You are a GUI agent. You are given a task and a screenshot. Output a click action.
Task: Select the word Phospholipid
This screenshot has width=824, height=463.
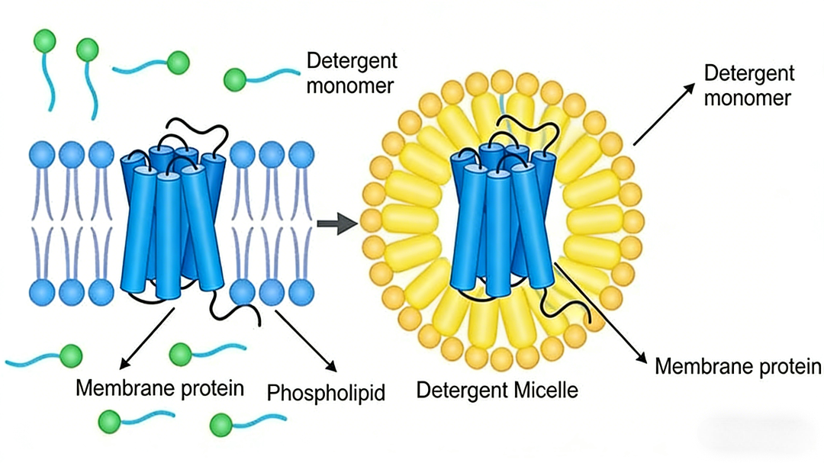[x=326, y=393]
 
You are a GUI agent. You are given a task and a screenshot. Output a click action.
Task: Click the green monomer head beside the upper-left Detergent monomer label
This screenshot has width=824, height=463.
[x=234, y=79]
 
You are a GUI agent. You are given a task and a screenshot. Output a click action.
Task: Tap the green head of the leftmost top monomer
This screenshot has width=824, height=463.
[x=43, y=40]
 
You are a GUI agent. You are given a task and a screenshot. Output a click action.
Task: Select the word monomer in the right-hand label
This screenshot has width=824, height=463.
[x=747, y=98]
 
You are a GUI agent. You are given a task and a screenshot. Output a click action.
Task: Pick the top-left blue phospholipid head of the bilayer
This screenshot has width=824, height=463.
[x=41, y=155]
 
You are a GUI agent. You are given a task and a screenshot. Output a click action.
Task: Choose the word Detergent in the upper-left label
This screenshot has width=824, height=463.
[x=352, y=62]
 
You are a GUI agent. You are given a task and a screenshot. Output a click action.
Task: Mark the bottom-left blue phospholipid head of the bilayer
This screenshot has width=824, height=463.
[x=41, y=290]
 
